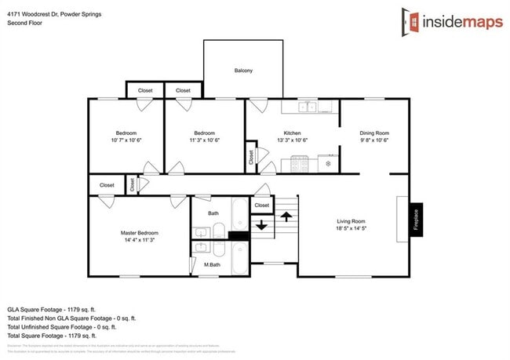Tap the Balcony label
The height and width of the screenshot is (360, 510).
(243, 71)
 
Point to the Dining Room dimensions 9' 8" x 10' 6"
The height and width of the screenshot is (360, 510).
(373, 140)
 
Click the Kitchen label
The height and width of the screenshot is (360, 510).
(292, 133)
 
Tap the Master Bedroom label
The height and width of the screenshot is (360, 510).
(139, 233)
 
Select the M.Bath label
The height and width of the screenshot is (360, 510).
(211, 264)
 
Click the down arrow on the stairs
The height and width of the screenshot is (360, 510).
(262, 228)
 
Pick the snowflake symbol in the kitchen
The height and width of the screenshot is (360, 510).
(328, 165)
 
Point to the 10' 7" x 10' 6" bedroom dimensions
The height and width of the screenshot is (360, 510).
(126, 140)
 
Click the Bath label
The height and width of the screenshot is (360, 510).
(213, 213)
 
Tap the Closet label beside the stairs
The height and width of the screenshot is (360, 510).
(262, 205)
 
